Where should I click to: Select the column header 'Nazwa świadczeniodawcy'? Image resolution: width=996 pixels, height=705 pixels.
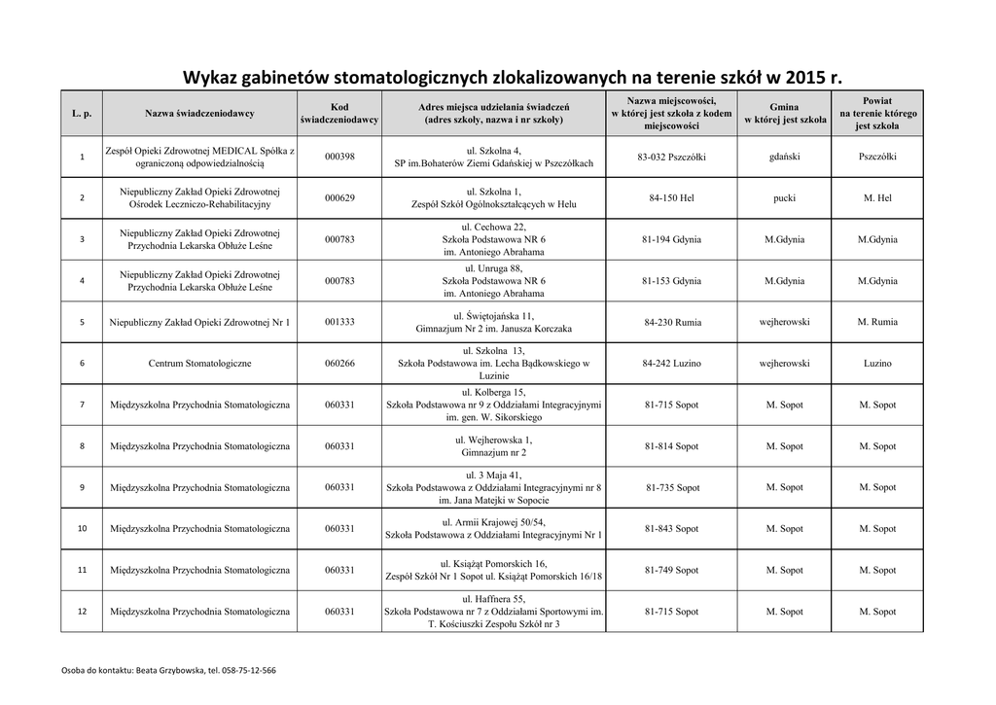(x=199, y=114)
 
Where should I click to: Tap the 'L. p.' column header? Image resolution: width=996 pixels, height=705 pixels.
(x=82, y=114)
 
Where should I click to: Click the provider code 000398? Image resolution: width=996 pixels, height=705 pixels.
(x=339, y=157)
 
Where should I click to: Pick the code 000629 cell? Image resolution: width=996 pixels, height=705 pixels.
(x=339, y=197)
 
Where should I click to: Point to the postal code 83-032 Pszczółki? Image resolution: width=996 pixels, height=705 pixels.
(x=671, y=157)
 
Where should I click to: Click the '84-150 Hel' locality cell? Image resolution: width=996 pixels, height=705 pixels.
(x=671, y=197)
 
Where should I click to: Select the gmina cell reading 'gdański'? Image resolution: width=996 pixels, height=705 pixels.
(x=784, y=157)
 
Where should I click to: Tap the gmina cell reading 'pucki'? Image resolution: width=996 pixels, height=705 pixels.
(x=784, y=197)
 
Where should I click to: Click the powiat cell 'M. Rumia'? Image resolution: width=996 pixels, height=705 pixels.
(x=878, y=322)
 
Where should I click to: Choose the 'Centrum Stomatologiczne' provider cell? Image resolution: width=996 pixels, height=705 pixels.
(x=199, y=363)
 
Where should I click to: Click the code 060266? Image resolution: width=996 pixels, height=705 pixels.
(x=339, y=363)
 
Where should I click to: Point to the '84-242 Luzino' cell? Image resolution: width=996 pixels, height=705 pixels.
(x=671, y=363)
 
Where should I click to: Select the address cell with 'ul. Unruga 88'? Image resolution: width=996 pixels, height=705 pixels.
(x=493, y=267)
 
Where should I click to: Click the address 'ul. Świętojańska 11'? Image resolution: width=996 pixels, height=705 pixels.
(x=493, y=316)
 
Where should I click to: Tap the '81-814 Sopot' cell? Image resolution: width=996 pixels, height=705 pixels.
(x=671, y=446)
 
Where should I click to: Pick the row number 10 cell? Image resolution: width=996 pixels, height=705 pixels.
(x=82, y=529)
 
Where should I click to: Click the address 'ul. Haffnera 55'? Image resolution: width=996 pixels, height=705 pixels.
(x=493, y=599)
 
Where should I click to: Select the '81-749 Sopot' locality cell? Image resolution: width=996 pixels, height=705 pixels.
(x=671, y=570)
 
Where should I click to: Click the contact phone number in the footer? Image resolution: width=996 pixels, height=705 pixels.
(x=248, y=671)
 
